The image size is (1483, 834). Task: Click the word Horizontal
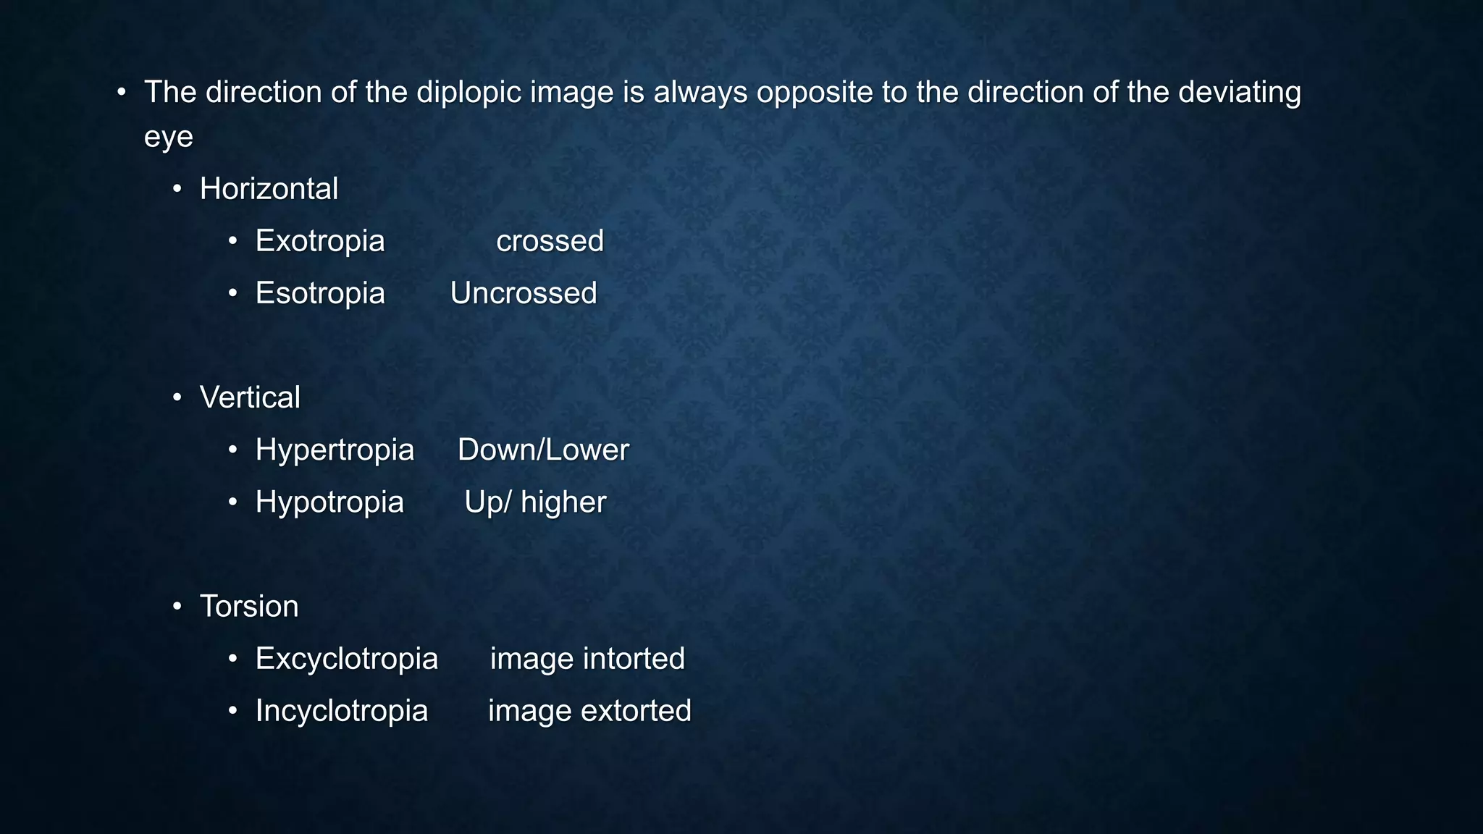point(269,189)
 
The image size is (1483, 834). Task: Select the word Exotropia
point(320,241)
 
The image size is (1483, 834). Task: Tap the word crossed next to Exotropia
point(550,241)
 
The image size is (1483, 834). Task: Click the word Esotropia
point(320,293)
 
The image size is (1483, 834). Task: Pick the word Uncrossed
point(524,293)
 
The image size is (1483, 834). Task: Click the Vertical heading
point(250,397)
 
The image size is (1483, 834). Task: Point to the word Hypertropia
point(335,450)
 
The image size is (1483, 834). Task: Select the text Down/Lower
point(543,450)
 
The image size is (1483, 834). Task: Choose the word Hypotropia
point(329,502)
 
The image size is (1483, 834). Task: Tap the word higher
point(563,502)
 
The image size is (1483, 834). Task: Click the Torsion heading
point(249,607)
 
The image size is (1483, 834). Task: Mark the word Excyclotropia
point(347,659)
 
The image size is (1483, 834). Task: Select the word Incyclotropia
point(342,711)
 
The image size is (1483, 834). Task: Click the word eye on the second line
point(169,138)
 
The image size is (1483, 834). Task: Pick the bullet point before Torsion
point(177,606)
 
